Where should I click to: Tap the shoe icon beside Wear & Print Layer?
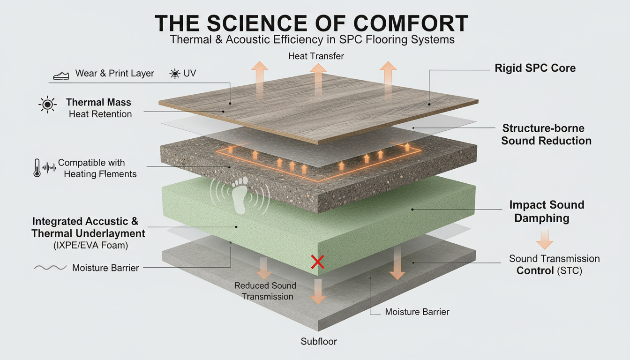click(x=61, y=75)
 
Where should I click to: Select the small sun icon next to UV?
click(x=175, y=74)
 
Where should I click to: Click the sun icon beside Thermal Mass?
click(x=47, y=105)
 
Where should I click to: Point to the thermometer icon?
click(x=37, y=168)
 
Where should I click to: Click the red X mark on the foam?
click(x=317, y=262)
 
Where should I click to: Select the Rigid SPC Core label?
click(x=535, y=68)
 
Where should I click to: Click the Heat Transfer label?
click(x=316, y=56)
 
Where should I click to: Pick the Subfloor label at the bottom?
click(x=318, y=341)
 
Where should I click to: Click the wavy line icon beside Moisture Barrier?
click(x=49, y=268)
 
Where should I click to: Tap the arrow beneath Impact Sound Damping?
click(x=544, y=238)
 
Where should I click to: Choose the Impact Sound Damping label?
click(x=546, y=211)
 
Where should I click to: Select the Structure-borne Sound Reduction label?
click(x=546, y=135)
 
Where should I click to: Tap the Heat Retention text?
click(x=100, y=114)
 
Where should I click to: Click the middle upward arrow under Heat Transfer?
click(x=318, y=78)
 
